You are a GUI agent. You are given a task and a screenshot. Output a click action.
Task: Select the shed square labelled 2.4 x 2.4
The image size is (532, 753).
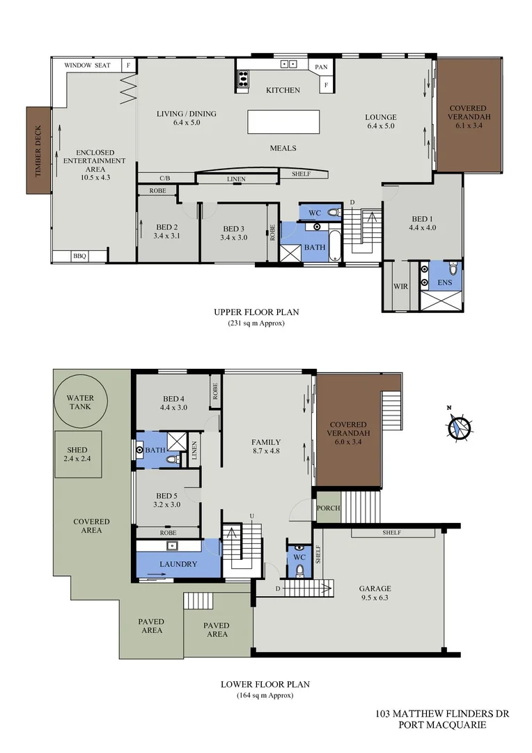click(x=79, y=454)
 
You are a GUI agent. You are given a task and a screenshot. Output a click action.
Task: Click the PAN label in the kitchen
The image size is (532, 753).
click(x=321, y=68)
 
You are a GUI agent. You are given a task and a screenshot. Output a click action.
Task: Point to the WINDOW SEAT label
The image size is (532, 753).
click(x=88, y=65)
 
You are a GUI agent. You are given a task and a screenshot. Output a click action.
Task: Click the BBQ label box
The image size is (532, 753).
click(x=79, y=256)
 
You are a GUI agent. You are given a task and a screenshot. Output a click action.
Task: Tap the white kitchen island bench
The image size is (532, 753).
click(x=284, y=122)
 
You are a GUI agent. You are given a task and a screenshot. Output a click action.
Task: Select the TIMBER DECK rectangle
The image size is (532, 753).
click(x=38, y=151)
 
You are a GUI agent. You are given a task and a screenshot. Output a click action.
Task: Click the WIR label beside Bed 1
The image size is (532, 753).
click(x=400, y=287)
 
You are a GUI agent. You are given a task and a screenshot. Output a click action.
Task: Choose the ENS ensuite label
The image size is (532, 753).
click(x=444, y=284)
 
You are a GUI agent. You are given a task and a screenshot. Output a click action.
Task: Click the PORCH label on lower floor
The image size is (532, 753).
click(x=328, y=508)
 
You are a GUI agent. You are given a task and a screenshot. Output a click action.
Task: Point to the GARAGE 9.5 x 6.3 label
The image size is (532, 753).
click(x=375, y=593)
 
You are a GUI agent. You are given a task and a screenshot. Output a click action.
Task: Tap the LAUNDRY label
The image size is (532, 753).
click(x=178, y=564)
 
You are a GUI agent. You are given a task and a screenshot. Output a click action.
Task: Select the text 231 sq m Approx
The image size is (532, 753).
click(x=256, y=324)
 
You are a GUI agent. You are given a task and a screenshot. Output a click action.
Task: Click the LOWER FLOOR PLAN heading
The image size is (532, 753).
click(x=265, y=684)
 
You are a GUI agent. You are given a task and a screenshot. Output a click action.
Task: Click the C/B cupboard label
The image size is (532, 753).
click(x=164, y=178)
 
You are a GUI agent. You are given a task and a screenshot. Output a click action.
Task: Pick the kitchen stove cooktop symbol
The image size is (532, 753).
click(x=242, y=79)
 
